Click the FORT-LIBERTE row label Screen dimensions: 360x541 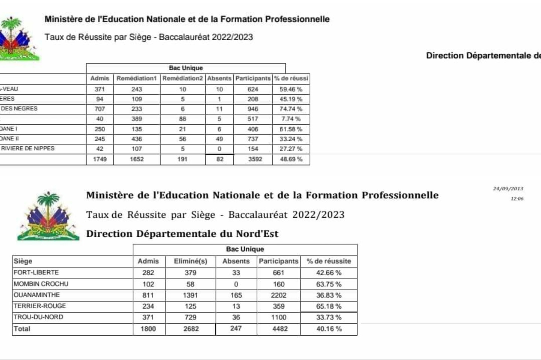[36, 273]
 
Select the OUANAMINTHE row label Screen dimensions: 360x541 [37, 295]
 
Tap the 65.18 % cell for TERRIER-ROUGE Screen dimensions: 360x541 [329, 306]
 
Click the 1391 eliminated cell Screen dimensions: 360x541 [190, 295]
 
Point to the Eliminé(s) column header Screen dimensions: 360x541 [190, 261]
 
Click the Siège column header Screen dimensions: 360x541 [23, 261]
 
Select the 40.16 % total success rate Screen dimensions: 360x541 [329, 329]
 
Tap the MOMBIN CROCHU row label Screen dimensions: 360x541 [41, 284]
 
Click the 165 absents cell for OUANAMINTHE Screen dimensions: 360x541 [236, 295]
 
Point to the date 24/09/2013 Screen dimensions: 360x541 [508, 189]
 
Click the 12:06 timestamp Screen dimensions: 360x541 [517, 199]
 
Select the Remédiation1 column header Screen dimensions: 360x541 [136, 78]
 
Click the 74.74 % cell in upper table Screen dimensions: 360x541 [291, 109]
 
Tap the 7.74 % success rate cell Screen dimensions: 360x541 [291, 119]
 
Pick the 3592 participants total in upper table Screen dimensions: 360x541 [255, 159]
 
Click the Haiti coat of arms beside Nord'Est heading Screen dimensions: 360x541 [48, 216]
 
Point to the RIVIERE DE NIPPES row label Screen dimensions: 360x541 [28, 148]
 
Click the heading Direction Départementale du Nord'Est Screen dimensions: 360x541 [182, 234]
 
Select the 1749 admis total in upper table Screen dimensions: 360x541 [100, 159]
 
